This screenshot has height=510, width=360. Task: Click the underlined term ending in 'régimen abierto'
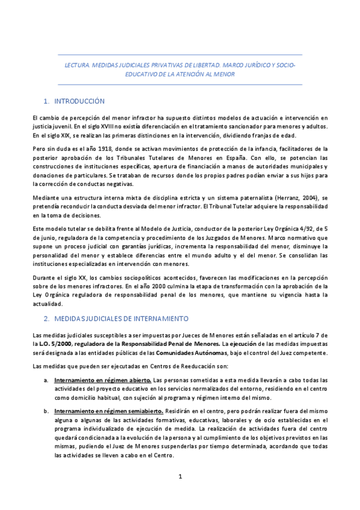103,380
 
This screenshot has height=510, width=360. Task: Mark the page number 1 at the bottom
180,477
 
